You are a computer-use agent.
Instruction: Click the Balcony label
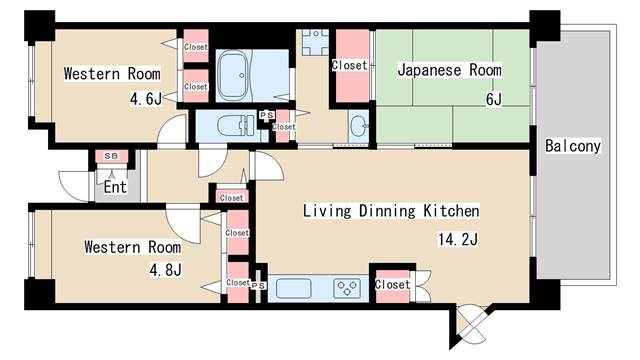tap(573, 146)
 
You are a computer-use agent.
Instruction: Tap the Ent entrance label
tap(115, 186)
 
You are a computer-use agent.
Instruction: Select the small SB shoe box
tap(110, 157)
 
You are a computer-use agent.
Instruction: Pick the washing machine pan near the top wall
tap(315, 43)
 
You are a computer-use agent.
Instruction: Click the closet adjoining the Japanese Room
tap(350, 66)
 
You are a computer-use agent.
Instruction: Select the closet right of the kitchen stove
tap(392, 284)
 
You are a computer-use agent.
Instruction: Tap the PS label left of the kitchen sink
tap(258, 285)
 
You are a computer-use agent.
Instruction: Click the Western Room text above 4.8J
tap(132, 246)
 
